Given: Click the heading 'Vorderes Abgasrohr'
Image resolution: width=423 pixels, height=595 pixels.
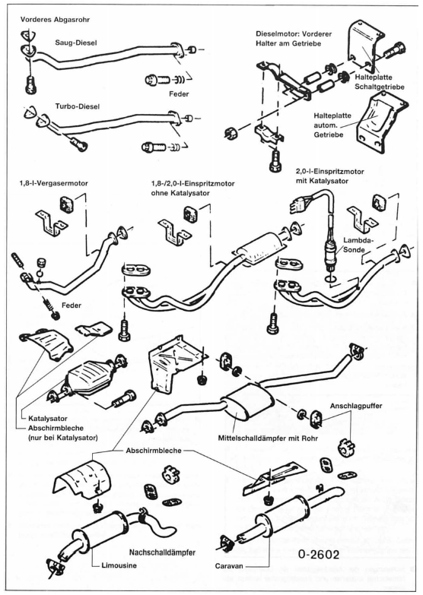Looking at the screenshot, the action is tap(55, 19).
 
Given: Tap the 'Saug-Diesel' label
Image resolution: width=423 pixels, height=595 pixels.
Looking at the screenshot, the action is tap(76, 43).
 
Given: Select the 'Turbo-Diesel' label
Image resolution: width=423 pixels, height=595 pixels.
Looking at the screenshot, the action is tap(78, 106).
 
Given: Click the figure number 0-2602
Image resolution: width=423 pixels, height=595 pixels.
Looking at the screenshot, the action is tap(319, 555).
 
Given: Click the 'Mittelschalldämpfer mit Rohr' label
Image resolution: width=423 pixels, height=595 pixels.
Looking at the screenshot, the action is tap(268, 438).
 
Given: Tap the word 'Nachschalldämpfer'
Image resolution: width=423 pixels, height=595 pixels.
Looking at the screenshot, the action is tap(162, 552).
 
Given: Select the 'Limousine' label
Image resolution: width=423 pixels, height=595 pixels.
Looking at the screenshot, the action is tap(119, 565).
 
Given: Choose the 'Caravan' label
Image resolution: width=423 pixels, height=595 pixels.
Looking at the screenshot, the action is tap(229, 566).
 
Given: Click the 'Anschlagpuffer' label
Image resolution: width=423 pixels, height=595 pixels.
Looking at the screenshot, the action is tap(356, 406).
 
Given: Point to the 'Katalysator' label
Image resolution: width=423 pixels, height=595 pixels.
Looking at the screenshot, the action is tap(48, 419).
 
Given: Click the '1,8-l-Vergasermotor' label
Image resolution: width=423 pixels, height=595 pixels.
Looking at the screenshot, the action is tap(53, 183).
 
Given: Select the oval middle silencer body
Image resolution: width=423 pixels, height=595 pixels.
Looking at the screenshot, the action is tap(248, 402).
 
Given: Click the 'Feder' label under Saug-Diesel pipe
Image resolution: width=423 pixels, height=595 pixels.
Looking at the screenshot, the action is tap(179, 93).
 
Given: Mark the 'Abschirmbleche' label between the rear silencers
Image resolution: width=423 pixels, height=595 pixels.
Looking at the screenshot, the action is tap(154, 451).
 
